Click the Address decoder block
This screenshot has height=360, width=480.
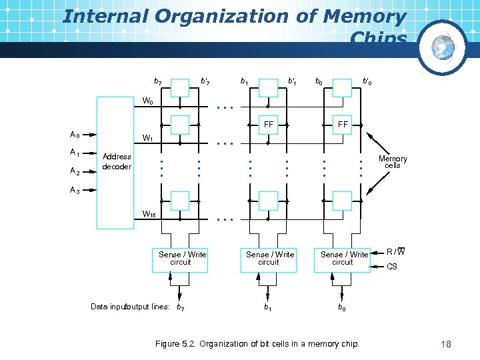pos(117,163)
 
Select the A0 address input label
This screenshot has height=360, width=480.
pos(75,135)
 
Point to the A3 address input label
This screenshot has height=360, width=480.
pos(75,191)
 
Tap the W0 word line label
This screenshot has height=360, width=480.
pos(148,101)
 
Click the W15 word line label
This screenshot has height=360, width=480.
pos(149,214)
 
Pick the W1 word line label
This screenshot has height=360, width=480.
pos(148,139)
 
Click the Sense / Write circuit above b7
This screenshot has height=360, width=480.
pos(182,258)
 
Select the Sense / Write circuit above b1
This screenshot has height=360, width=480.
pos(269,258)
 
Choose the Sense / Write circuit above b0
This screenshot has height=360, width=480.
pos(343,258)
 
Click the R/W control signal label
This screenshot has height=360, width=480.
pos(396,251)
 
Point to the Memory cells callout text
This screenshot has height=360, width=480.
pos(393,162)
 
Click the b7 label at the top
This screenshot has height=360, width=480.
pos(157,81)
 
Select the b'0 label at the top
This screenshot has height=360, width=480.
pos(367,81)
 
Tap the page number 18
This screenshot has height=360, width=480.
pos(446,344)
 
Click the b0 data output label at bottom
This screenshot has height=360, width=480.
pos(341,307)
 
